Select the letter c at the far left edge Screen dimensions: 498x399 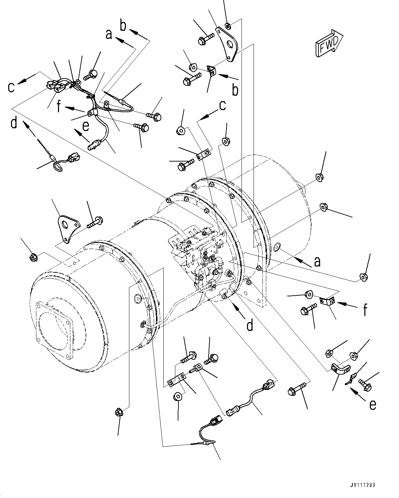point(12,87)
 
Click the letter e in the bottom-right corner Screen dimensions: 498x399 point(373,405)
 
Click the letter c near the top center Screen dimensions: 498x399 point(222,106)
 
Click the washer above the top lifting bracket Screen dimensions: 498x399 point(227,25)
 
